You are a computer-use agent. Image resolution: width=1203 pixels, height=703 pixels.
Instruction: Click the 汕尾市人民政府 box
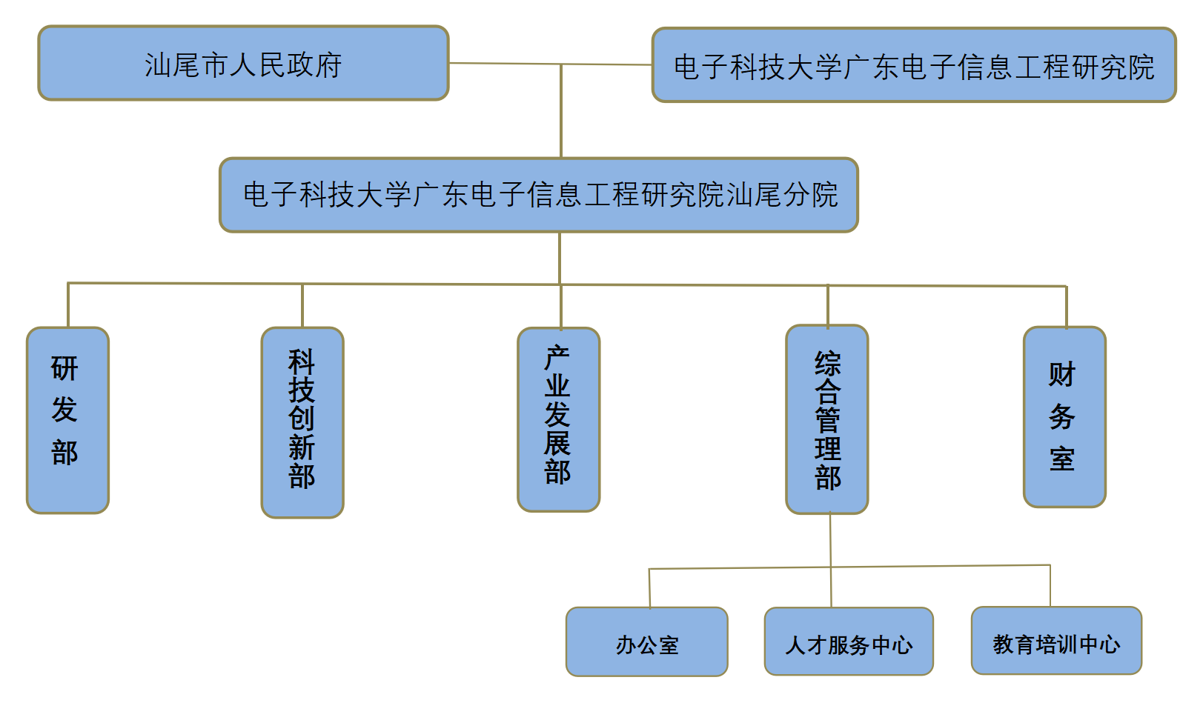click(x=243, y=64)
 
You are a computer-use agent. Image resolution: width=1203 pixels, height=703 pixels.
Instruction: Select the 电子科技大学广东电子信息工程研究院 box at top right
click(x=913, y=66)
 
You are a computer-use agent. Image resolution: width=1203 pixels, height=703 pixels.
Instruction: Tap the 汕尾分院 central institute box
click(x=539, y=195)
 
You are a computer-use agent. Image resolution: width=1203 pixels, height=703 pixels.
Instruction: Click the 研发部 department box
click(x=67, y=420)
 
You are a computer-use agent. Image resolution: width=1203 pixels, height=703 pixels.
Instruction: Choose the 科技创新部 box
click(x=302, y=422)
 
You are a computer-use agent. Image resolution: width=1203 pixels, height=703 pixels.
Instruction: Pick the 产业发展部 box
click(x=558, y=419)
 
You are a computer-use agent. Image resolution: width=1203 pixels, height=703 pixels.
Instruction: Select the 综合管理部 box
click(x=826, y=419)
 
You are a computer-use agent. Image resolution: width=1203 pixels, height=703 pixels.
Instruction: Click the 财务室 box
click(x=1064, y=417)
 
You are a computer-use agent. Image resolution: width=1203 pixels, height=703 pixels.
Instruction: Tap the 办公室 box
click(x=646, y=642)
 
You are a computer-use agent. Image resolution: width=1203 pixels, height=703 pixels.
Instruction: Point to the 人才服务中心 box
click(x=848, y=642)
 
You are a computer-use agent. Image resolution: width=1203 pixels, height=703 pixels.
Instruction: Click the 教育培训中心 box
click(x=1055, y=641)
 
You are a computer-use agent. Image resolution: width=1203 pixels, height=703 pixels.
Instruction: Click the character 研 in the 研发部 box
click(x=65, y=368)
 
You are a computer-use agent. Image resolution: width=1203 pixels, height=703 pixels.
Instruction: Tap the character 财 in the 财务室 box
click(x=1061, y=374)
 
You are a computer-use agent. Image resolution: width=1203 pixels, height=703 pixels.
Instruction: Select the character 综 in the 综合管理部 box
click(x=828, y=364)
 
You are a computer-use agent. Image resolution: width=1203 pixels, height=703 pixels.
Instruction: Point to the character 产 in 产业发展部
click(x=557, y=358)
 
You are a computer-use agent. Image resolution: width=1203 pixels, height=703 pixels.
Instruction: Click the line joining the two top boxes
click(x=519, y=64)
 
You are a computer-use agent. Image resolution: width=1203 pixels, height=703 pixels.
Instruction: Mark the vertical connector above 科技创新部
click(x=302, y=305)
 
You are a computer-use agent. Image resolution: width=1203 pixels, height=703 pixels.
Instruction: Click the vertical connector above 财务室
click(x=1066, y=307)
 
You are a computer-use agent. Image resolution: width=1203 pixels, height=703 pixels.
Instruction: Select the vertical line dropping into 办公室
click(x=649, y=588)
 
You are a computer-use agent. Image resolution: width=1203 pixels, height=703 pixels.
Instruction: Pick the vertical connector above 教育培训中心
click(x=1050, y=585)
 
